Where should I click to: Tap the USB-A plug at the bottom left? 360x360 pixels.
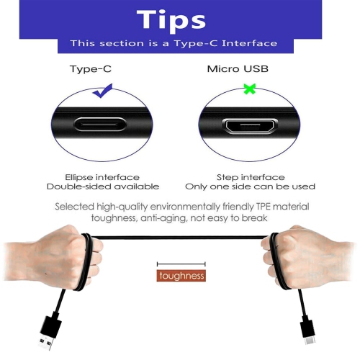tap(48, 334)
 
